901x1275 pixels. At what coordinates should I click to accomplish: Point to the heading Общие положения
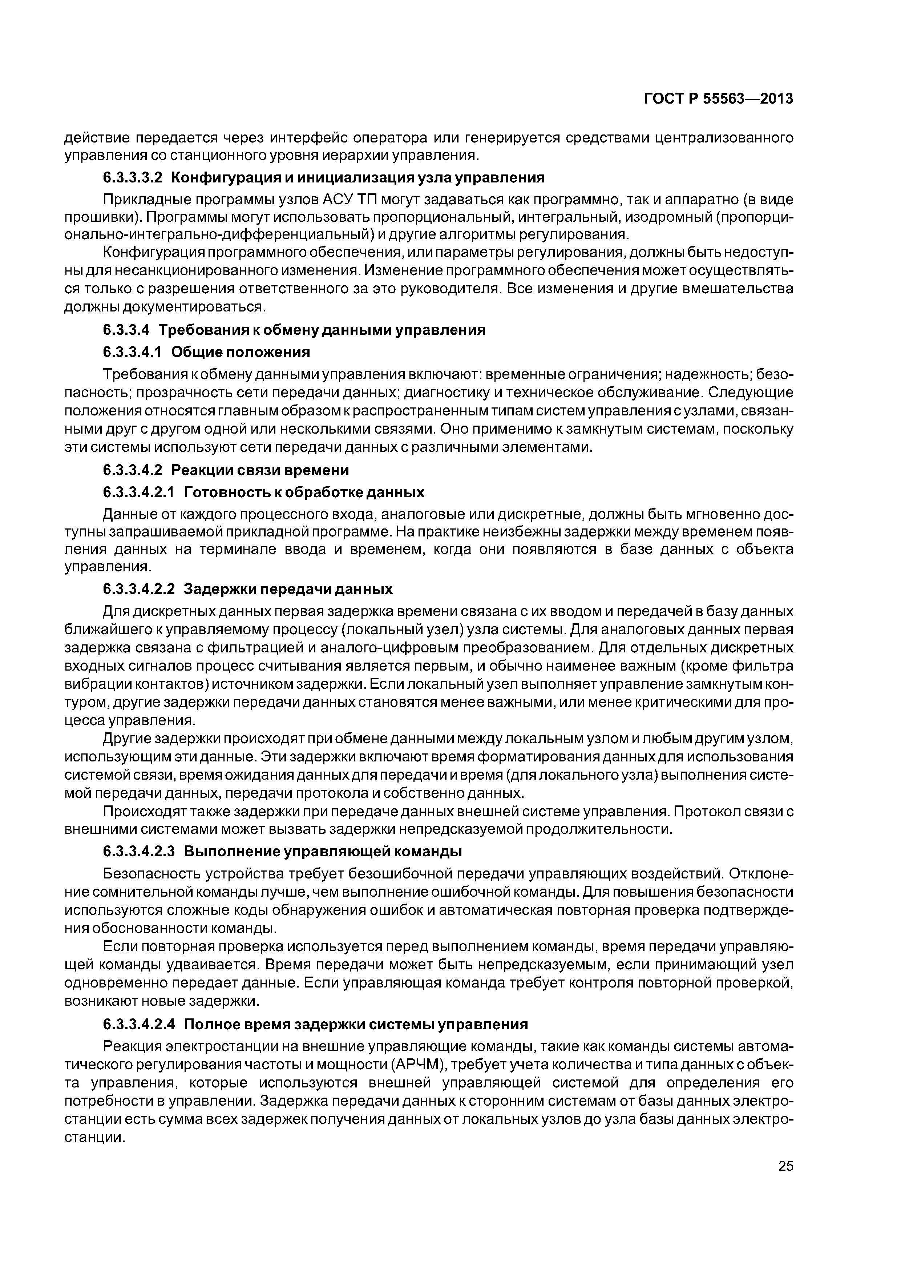(x=241, y=352)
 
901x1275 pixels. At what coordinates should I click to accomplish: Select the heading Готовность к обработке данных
(x=304, y=492)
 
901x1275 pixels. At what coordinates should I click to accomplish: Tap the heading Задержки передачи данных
(x=288, y=589)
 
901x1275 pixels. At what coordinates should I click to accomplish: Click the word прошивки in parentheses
(x=97, y=217)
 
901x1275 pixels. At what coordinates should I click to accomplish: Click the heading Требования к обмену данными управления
(x=322, y=330)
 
